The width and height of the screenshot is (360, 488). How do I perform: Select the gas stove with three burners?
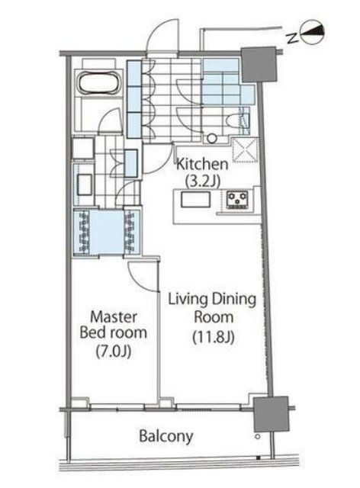click(237, 200)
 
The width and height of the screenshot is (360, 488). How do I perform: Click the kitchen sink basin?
click(195, 200)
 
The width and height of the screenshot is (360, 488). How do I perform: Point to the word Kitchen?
click(202, 164)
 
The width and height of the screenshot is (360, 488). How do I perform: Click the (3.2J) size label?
click(203, 181)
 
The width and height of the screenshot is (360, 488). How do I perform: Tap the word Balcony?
click(166, 436)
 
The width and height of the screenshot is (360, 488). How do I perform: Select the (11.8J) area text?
click(214, 336)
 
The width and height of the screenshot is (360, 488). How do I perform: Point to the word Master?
click(114, 317)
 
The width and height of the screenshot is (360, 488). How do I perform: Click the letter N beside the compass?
click(292, 38)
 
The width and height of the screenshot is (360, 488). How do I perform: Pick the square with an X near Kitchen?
click(245, 150)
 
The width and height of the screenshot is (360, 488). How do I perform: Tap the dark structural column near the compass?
click(259, 65)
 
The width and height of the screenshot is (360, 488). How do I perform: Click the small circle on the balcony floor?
click(257, 437)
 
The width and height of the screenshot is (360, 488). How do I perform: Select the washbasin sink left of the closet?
click(84, 185)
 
